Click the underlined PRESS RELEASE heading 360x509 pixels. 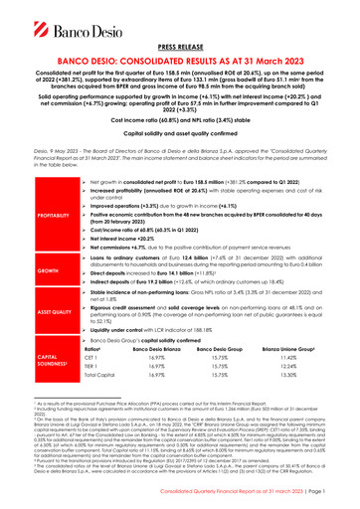click(x=180, y=45)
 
